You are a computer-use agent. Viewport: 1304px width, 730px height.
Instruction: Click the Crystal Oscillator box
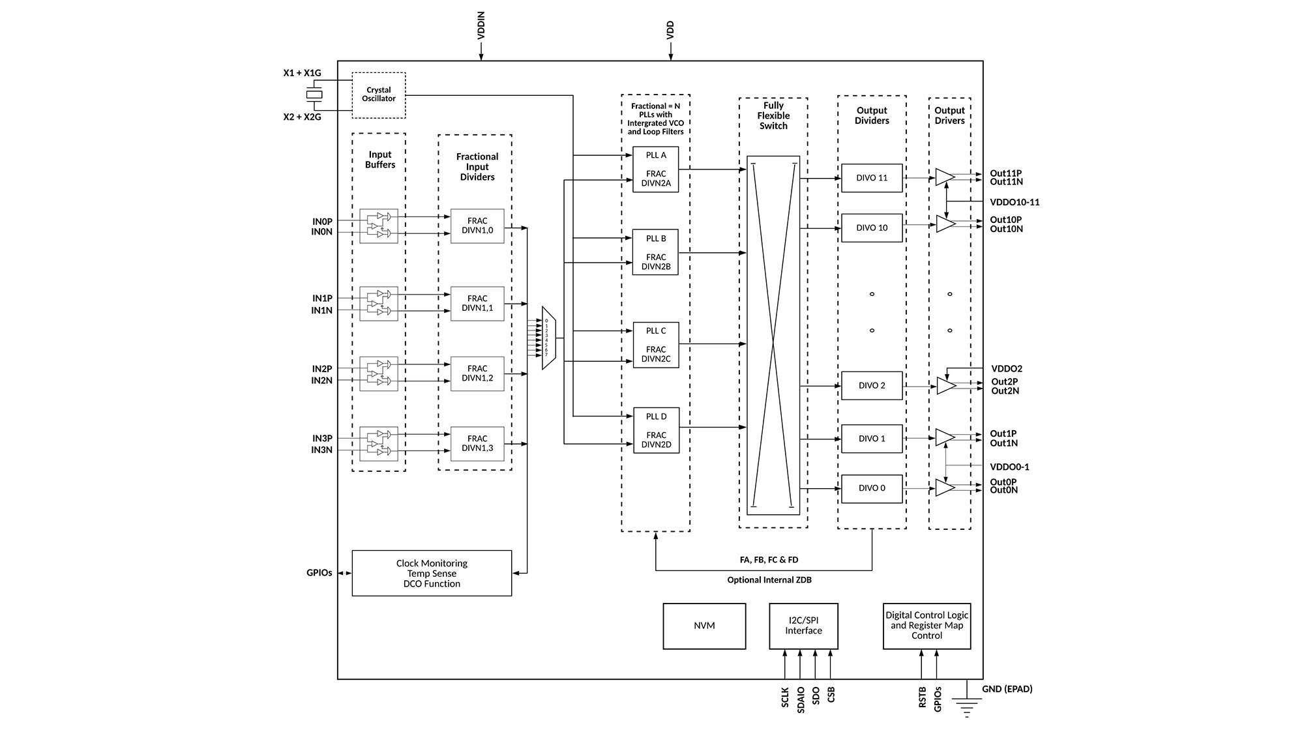coord(379,95)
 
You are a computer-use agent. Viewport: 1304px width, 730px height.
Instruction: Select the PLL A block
coord(656,169)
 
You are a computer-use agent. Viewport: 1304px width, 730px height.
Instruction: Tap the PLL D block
coord(656,430)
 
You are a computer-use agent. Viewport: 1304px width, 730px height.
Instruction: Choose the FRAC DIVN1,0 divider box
coord(477,226)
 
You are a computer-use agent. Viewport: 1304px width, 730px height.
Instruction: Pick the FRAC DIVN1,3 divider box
coord(477,444)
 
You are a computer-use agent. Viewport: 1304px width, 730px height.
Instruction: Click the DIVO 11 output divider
coord(872,178)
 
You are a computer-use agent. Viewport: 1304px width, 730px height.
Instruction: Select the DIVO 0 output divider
coord(872,488)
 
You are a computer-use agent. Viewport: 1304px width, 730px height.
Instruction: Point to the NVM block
coord(704,626)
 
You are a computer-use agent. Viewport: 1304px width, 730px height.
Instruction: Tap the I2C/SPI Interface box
coord(803,626)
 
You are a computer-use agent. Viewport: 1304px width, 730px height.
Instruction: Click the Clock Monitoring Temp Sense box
coord(432,573)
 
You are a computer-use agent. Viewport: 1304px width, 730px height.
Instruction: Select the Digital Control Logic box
coord(926,626)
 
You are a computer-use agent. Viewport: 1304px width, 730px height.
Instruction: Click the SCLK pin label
coord(785,697)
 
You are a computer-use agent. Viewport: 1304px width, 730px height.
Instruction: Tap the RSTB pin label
coord(922,697)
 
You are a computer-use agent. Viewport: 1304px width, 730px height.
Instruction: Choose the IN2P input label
coord(322,369)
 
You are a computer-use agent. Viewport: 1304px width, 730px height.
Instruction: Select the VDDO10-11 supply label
coord(1015,202)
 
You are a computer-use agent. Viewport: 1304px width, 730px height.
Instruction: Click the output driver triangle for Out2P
coord(945,386)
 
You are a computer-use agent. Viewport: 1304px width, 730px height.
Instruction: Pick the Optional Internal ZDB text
coord(769,580)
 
